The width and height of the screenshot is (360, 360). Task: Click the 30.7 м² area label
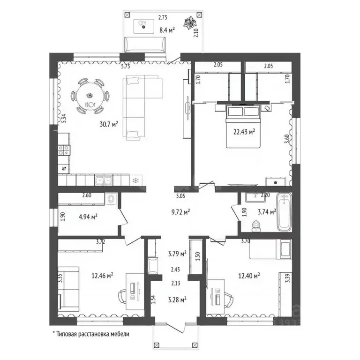(109, 124)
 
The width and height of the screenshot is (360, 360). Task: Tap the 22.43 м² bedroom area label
(244, 132)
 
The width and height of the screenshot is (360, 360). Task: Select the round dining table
(90, 96)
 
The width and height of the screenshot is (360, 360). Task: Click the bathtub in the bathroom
(284, 212)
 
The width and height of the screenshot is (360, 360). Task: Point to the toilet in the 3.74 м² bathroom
(256, 226)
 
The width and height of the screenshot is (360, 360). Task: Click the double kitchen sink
(104, 180)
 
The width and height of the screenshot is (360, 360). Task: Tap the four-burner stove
(64, 150)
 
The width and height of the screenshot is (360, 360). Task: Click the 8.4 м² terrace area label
(167, 30)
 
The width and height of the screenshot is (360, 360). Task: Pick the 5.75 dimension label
(126, 67)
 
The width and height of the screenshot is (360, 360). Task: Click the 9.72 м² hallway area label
(180, 212)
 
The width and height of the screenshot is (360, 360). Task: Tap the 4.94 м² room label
(88, 217)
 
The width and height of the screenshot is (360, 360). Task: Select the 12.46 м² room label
(102, 275)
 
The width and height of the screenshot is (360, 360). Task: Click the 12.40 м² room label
(249, 275)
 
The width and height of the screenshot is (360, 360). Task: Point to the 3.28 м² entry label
(177, 300)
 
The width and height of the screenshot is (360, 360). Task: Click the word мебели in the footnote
(120, 334)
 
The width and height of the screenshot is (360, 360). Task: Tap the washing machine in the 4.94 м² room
(111, 199)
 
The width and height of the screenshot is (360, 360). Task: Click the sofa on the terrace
(145, 45)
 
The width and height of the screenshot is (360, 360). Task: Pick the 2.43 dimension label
(175, 270)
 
